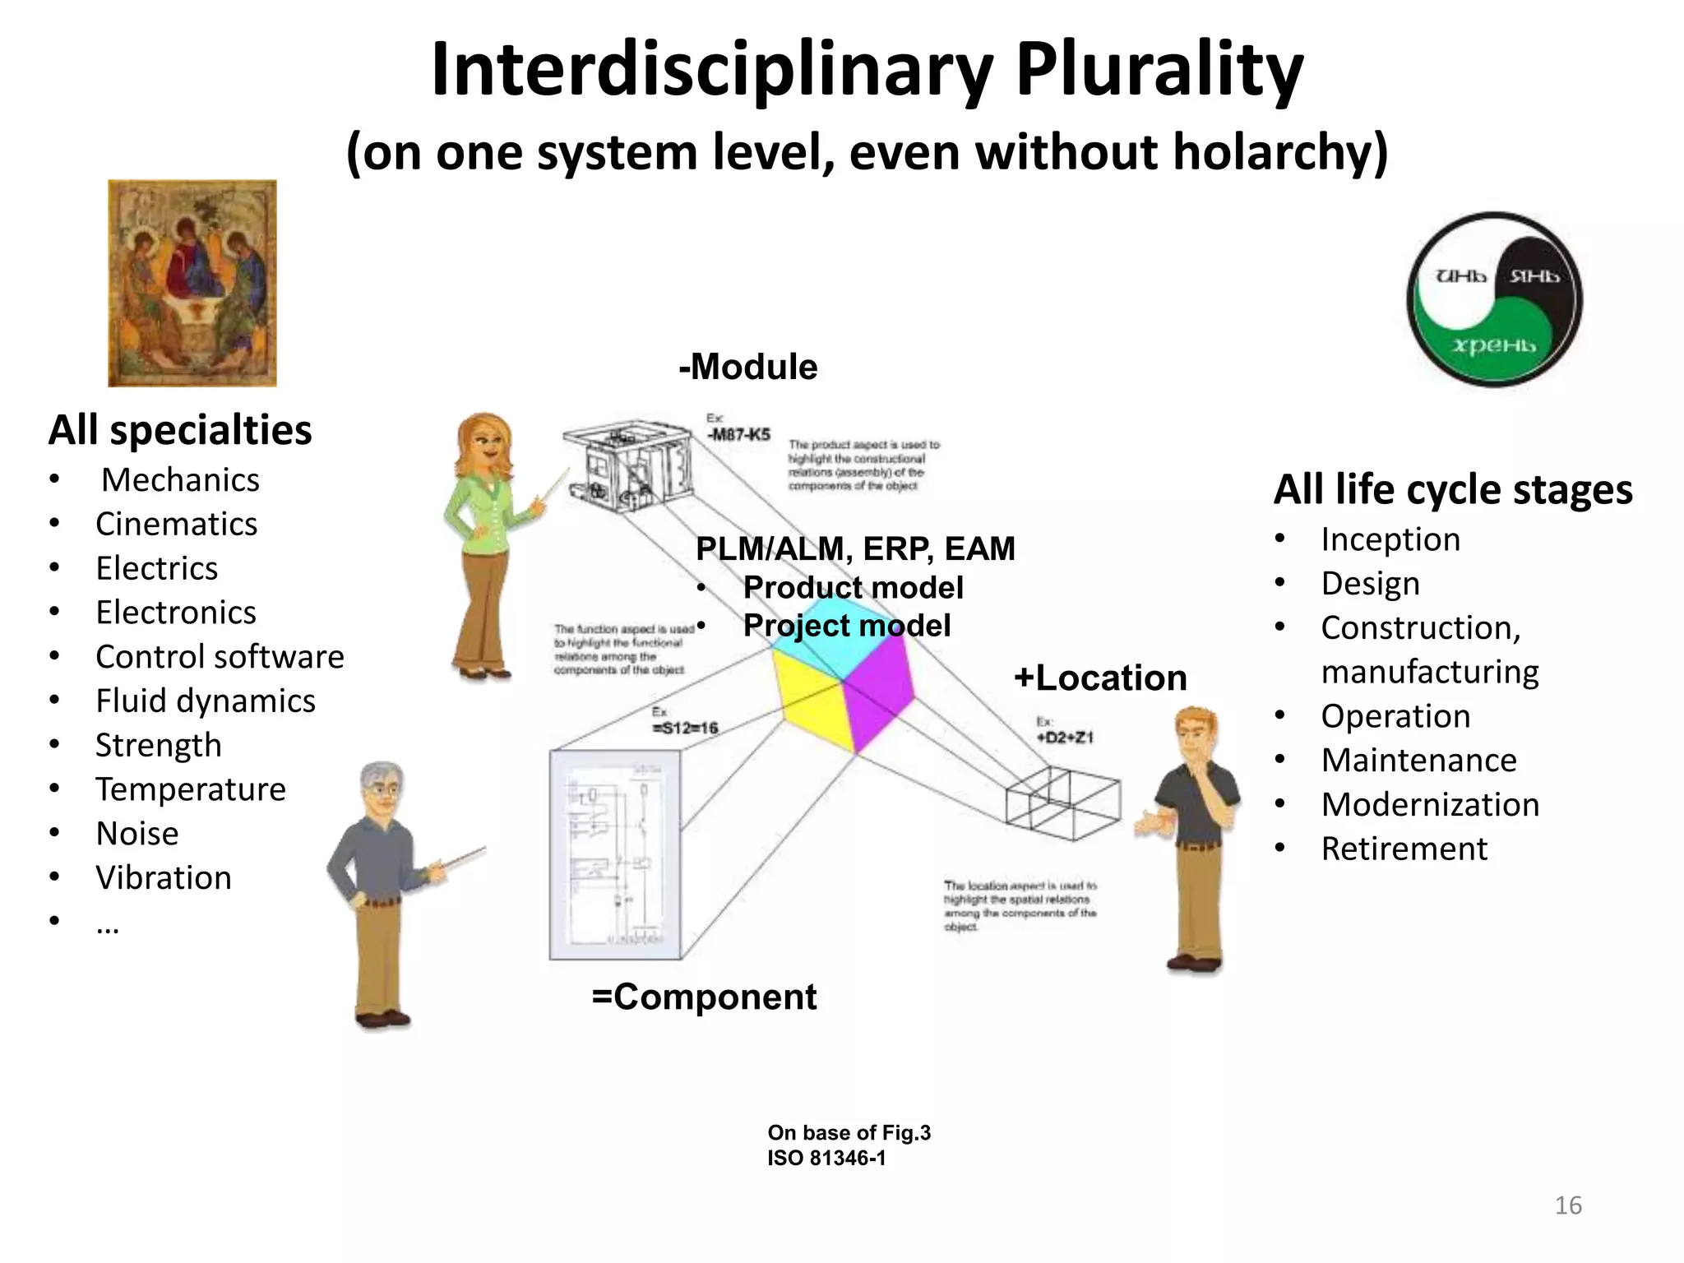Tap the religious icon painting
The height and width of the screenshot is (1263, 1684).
coord(192,283)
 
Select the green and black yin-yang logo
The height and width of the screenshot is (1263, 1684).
coord(1494,299)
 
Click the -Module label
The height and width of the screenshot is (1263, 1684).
coord(747,367)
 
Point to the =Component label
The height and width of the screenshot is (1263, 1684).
coord(704,997)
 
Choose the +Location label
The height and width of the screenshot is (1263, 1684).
coord(1100,678)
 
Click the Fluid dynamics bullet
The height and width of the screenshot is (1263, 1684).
coord(205,701)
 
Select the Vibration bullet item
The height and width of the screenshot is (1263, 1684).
coord(163,877)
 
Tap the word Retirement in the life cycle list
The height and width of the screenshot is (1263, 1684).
coord(1404,849)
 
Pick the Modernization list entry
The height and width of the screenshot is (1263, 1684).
coord(1430,804)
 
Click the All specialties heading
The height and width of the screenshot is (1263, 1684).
coord(180,430)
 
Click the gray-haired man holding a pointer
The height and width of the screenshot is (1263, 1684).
coord(382,892)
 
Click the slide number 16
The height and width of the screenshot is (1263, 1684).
coord(1567,1205)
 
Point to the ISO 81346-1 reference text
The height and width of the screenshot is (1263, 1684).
coord(826,1159)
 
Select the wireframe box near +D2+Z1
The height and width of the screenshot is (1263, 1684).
coord(1062,803)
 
